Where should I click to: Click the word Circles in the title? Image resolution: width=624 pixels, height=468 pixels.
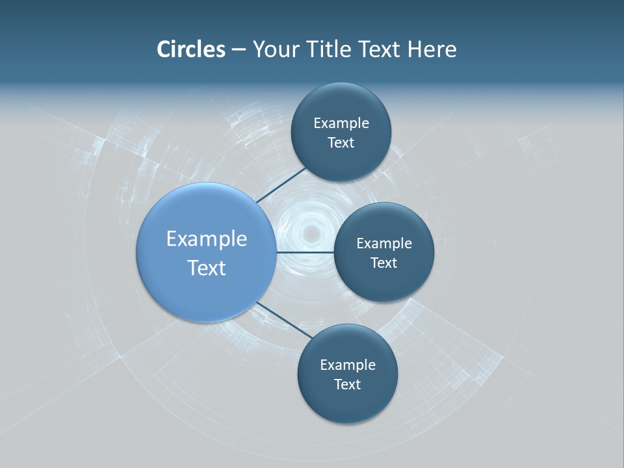pyautogui.click(x=191, y=49)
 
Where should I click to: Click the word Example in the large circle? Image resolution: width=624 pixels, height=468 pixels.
pyautogui.click(x=207, y=239)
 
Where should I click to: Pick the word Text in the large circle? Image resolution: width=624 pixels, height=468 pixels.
pyautogui.click(x=207, y=268)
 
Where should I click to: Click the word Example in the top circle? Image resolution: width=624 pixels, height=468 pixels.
pyautogui.click(x=341, y=123)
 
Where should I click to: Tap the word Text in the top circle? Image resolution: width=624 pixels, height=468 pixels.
pyautogui.click(x=341, y=143)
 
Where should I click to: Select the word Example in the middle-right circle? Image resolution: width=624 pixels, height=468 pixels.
pyautogui.click(x=384, y=244)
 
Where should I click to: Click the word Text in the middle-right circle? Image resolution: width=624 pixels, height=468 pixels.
pyautogui.click(x=384, y=263)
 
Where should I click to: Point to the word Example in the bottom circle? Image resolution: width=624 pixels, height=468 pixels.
pyautogui.click(x=348, y=365)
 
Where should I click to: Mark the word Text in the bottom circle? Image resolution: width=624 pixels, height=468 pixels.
pyautogui.click(x=348, y=385)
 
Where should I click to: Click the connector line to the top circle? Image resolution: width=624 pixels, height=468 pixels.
pyautogui.click(x=281, y=185)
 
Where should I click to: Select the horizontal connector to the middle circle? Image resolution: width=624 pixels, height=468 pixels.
pyautogui.click(x=305, y=252)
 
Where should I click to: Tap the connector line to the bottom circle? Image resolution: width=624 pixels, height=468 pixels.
pyautogui.click(x=285, y=320)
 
